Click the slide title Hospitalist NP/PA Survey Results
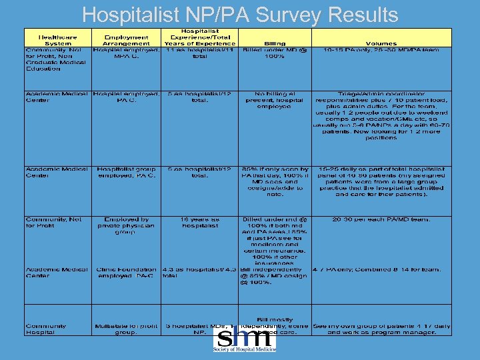click(x=240, y=14)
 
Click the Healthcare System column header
click(x=57, y=40)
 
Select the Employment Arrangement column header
click(x=127, y=40)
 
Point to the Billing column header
click(x=274, y=43)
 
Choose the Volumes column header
click(x=381, y=43)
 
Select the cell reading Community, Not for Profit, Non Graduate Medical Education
click(x=57, y=59)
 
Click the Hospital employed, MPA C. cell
click(x=127, y=53)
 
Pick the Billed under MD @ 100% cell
click(x=274, y=53)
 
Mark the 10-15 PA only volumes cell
click(x=381, y=50)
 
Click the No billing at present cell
click(x=274, y=100)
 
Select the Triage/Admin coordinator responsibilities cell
click(x=381, y=116)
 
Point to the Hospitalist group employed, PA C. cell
click(x=127, y=172)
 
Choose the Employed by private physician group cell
click(x=127, y=225)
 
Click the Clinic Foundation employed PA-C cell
click(x=127, y=273)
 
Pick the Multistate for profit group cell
click(x=127, y=329)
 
